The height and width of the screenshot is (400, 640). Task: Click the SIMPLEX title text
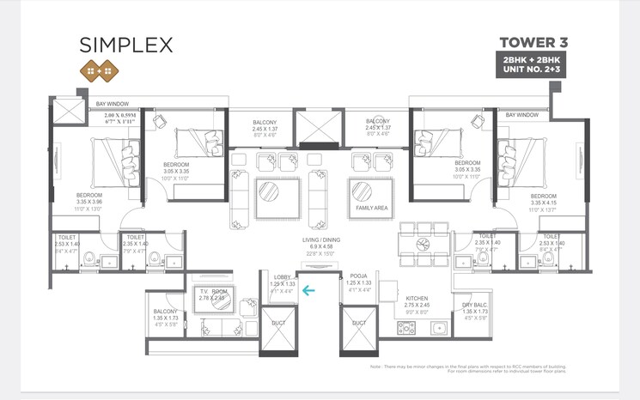point(127,44)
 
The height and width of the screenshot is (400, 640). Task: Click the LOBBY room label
point(282,276)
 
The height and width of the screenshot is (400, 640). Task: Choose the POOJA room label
point(358,276)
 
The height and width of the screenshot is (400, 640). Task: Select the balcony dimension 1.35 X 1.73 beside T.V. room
point(165,318)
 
